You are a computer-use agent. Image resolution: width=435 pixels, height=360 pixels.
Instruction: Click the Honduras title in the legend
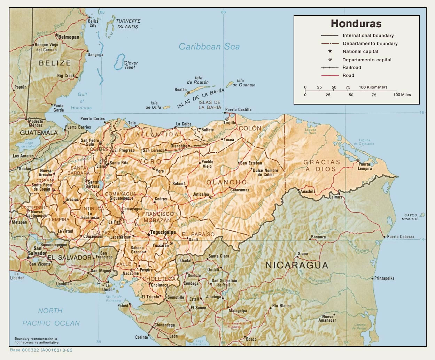pos(356,24)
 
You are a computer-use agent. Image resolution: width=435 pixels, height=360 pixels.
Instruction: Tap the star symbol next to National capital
pos(330,51)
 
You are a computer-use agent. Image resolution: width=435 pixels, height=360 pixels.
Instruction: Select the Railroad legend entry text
pos(352,68)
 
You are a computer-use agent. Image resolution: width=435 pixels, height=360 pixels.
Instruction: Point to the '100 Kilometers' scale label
pos(373,87)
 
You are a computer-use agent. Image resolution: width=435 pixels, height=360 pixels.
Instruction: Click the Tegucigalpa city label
pos(163,232)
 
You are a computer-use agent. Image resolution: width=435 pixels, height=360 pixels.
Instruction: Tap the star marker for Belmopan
pos(56,35)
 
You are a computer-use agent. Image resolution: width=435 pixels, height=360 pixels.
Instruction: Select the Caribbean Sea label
pos(209,47)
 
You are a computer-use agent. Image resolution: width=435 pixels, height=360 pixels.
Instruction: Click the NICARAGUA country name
pos(297,265)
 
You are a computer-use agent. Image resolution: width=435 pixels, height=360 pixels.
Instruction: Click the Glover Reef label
pos(131,65)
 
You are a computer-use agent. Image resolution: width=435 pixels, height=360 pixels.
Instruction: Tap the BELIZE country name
pos(55,63)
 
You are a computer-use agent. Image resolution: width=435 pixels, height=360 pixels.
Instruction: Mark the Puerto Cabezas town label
pos(401,237)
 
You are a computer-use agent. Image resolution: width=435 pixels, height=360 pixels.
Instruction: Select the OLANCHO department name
pos(226,182)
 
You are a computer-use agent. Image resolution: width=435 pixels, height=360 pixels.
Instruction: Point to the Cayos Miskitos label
pos(410,217)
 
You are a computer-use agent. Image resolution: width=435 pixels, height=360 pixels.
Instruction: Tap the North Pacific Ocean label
pos(51,317)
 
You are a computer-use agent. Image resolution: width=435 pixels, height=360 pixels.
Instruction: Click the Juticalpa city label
pos(201,194)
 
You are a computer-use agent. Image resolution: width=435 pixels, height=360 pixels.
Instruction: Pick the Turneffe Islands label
pos(128,24)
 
